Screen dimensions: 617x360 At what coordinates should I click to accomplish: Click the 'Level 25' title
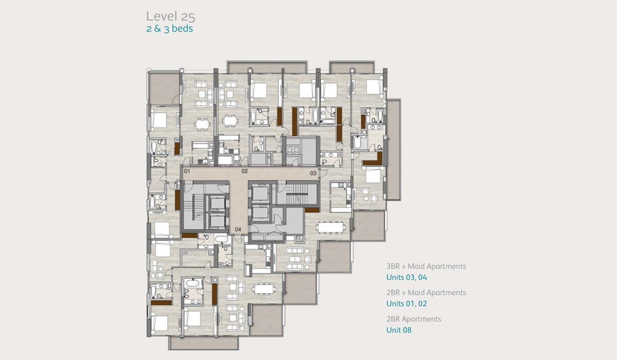pos(171,16)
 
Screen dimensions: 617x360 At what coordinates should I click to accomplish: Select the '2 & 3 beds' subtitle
pos(169,29)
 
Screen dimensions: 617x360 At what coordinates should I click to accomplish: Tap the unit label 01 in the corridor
pos(187,171)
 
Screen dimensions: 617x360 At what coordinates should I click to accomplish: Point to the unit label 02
pos(245,171)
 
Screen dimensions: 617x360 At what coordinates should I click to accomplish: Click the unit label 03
pos(313,173)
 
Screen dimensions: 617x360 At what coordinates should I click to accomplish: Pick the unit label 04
pos(238,229)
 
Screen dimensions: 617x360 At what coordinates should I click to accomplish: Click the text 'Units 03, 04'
pos(407,277)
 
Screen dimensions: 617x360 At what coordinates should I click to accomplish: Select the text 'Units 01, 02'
pos(407,303)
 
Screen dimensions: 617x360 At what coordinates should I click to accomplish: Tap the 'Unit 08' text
pos(399,330)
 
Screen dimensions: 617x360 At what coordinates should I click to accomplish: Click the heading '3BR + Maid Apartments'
pos(426,266)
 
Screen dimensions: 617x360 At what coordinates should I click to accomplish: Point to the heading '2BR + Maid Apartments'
pos(426,293)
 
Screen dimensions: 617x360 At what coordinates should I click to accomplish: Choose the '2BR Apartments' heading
pos(414,319)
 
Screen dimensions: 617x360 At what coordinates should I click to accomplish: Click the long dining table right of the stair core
pos(331,227)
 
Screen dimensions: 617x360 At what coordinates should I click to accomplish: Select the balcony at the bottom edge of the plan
pos(204,343)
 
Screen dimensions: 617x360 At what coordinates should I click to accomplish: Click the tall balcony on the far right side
pos(394,150)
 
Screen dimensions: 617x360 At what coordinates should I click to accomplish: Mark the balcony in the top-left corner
pos(164,88)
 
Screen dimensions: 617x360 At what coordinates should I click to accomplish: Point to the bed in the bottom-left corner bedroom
pos(159,323)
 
